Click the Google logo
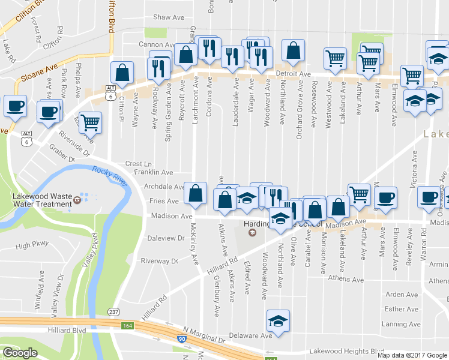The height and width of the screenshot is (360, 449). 20,353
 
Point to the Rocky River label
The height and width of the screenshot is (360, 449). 110,177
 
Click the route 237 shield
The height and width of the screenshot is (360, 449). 113,312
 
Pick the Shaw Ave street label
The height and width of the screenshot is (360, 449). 169,17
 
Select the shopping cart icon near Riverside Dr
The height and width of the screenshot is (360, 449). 90,122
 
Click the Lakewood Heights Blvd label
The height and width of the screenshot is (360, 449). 346,351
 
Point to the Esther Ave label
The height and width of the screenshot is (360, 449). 402,310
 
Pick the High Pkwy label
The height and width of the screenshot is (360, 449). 31,246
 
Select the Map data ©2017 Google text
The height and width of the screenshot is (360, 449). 412,355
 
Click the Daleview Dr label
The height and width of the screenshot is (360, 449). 166,238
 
